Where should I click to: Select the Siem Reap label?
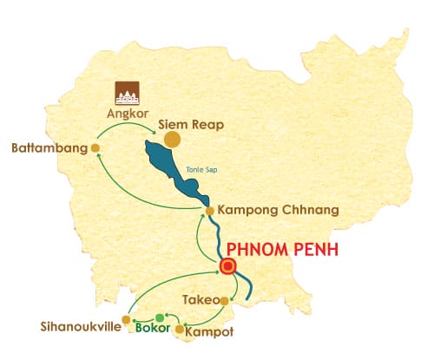196,125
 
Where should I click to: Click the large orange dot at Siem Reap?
173,139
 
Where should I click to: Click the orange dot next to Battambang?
95,148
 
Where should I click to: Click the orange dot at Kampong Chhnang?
209,211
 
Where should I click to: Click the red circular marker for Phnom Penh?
228,267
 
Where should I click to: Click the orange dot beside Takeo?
224,300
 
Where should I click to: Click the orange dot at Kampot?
181,330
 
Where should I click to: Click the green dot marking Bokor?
158,317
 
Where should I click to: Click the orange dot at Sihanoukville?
128,319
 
